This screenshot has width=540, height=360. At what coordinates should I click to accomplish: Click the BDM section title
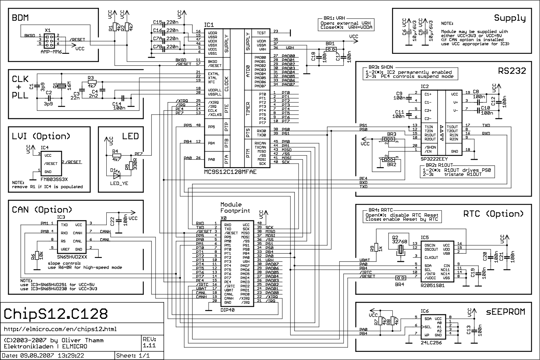click(x=20, y=17)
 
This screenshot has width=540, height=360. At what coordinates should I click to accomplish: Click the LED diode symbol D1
click(x=116, y=176)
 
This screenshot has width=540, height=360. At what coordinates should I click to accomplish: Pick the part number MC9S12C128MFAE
click(x=230, y=172)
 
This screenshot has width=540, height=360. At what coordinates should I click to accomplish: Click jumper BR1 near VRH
click(x=331, y=49)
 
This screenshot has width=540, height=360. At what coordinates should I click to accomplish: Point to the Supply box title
click(x=510, y=18)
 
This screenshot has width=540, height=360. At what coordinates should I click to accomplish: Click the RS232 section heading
click(x=512, y=71)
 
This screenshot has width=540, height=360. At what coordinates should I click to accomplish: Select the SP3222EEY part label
click(x=434, y=159)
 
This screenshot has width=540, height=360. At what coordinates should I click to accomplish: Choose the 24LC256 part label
click(x=431, y=343)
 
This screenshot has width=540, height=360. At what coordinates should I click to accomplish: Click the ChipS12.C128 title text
click(x=56, y=314)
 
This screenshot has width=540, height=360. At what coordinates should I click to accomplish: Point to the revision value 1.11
click(x=149, y=345)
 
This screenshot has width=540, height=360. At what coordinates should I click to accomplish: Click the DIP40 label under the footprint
click(x=228, y=310)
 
